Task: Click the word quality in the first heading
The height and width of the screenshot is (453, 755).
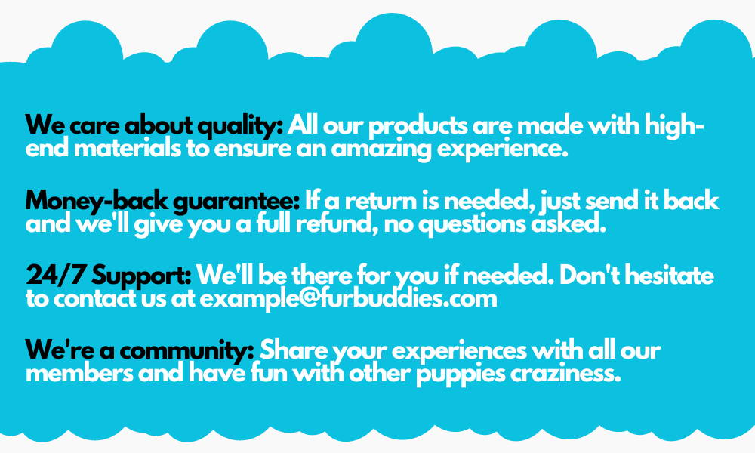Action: coord(240,126)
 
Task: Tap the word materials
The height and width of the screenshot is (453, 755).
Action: coord(128,148)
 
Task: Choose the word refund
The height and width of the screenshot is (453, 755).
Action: coord(337,223)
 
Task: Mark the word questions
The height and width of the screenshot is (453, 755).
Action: coord(472,224)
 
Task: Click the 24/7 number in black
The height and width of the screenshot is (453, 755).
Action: coord(56,276)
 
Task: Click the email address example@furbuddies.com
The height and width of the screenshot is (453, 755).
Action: coord(348,299)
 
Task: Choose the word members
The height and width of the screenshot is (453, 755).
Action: coord(79,373)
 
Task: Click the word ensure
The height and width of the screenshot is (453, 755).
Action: coord(253,149)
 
